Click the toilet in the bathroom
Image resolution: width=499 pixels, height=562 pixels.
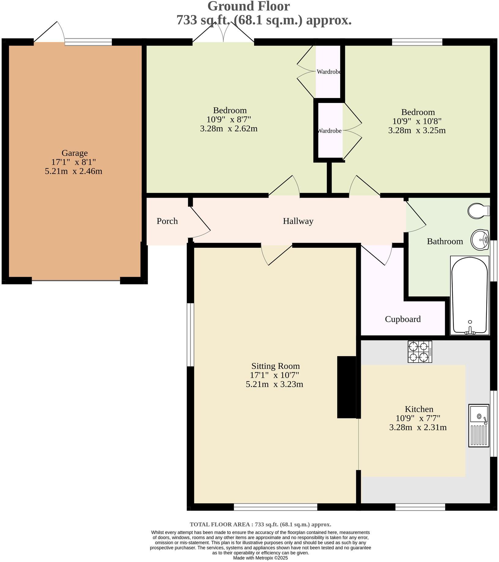478,211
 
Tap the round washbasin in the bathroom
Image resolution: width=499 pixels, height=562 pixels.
480,240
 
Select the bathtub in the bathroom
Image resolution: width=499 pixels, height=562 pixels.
470,295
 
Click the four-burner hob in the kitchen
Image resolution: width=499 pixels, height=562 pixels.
420,352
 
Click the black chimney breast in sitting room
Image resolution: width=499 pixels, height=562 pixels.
346,387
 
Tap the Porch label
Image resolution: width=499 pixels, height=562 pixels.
167,221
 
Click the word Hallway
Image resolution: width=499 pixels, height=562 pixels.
298,221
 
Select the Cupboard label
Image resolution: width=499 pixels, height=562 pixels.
402,319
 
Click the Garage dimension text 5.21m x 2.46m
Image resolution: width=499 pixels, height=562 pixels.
73,171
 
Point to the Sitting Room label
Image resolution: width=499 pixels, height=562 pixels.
275,366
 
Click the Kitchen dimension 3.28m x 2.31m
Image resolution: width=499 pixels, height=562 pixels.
418,427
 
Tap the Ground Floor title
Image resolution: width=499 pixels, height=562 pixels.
248,6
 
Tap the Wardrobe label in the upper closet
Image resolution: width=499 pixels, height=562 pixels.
329,72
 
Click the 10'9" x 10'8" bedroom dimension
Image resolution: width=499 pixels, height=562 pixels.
417,121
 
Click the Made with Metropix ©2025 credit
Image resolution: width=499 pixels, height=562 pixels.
260,558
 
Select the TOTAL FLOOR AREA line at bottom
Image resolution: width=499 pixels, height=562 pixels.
260,524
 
